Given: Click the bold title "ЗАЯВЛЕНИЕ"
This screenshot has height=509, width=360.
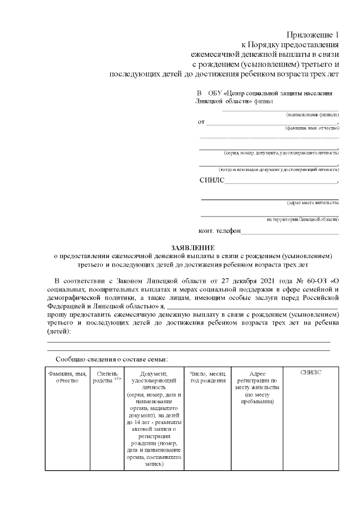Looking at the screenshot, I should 193,247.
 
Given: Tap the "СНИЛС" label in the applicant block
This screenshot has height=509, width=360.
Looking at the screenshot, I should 211,181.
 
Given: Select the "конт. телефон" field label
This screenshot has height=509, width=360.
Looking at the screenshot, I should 219,231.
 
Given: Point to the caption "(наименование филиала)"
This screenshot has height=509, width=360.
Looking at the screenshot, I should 312,114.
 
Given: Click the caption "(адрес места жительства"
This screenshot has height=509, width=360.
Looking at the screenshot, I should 313,202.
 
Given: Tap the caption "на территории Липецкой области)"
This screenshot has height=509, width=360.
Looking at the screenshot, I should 303,219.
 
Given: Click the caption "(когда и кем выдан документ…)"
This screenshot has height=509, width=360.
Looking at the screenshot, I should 278,169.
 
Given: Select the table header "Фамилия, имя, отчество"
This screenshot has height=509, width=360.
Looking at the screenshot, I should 67,377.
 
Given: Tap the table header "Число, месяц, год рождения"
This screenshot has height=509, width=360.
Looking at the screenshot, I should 208,377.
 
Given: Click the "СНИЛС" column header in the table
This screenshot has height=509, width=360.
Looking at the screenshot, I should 310,372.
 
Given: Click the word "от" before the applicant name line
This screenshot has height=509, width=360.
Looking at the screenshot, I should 201,121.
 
